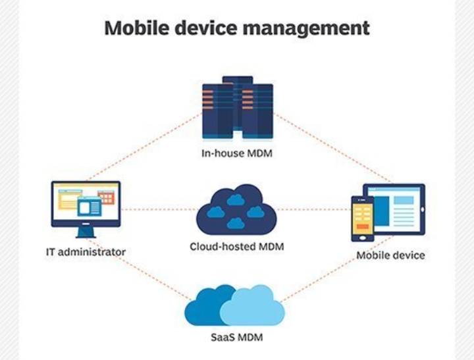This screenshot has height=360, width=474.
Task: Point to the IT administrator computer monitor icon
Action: point(86,205)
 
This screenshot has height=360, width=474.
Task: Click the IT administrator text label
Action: point(86,251)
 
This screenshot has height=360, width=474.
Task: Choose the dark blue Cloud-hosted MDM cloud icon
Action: point(236,209)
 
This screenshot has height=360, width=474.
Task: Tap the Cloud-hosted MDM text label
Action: point(237,247)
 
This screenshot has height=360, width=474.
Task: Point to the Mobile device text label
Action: point(390,255)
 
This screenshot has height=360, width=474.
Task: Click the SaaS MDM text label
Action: point(236,338)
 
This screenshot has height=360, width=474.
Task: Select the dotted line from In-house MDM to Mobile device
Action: point(332,148)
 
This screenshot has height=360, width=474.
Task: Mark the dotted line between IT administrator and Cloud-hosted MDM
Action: point(158,210)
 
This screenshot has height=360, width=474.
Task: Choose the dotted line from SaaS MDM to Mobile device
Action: point(329,273)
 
